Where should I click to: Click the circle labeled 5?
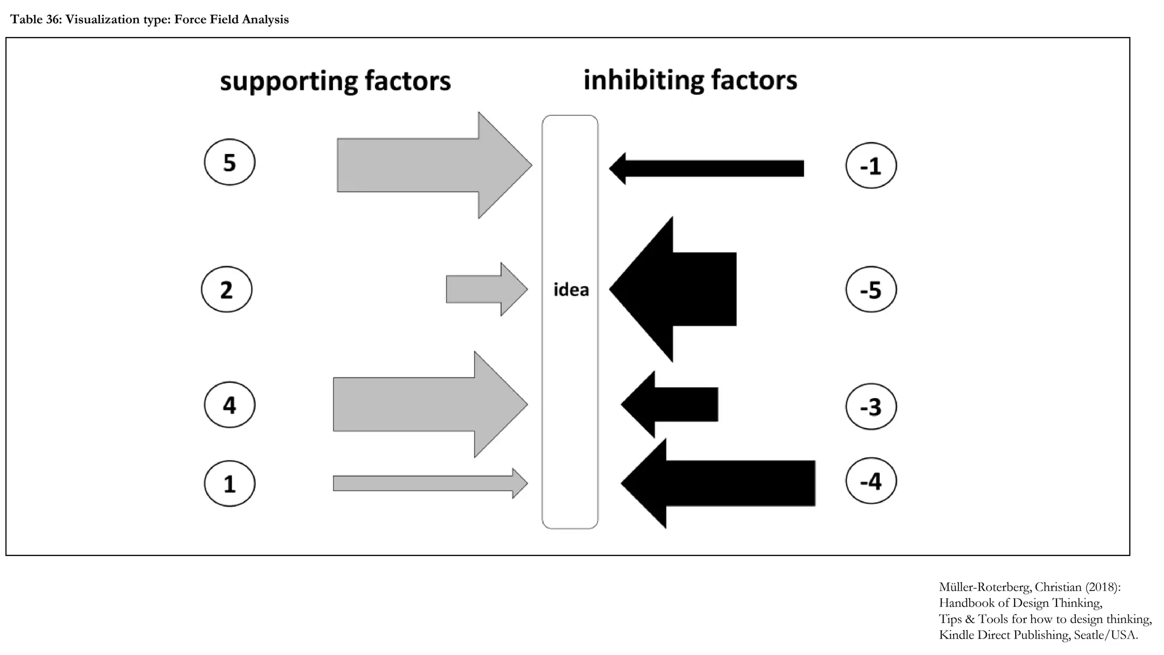230,162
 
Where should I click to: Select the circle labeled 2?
227,289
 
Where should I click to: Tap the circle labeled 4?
230,405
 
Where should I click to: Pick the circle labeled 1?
230,483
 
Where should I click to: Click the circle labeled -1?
871,165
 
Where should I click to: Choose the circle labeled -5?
871,289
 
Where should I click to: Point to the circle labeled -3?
871,407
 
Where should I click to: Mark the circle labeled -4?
871,481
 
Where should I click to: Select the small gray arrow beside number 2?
483,289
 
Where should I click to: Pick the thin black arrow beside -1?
710,168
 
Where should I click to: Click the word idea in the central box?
571,290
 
